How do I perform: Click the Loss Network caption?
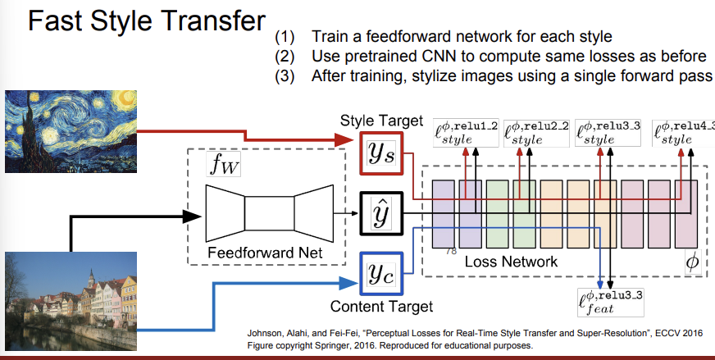coord(511,262)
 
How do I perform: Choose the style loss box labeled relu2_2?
coord(535,132)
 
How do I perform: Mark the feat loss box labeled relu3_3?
coord(608,302)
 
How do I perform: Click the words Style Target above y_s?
coord(381,121)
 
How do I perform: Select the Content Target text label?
coord(381,307)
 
